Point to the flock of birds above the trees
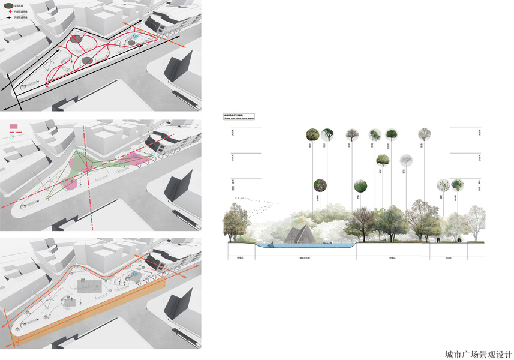(x=255, y=205)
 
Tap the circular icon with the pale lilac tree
(x=407, y=160)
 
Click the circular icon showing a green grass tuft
(x=360, y=185)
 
